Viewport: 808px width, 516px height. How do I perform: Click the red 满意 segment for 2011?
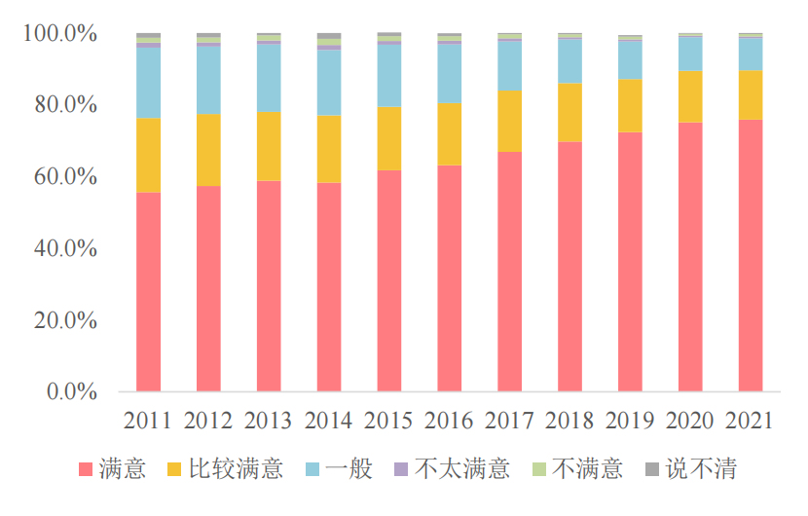148,292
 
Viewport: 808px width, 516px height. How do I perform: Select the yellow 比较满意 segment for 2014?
329,149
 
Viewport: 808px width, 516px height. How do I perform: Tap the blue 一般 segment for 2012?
208,80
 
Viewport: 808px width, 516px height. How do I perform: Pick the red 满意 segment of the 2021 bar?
751,255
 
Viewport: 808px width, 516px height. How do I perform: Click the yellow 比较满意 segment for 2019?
630,105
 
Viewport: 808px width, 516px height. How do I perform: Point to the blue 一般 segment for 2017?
510,66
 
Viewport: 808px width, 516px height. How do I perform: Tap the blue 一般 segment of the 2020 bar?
690,54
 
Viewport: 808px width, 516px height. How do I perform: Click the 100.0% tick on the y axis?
60,35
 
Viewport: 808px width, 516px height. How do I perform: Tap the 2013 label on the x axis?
269,421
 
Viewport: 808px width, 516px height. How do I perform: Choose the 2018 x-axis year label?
569,421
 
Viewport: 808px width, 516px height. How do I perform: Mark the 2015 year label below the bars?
389,421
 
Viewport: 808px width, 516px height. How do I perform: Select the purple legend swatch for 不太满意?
400,470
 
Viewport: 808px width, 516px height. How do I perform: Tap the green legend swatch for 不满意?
538,470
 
